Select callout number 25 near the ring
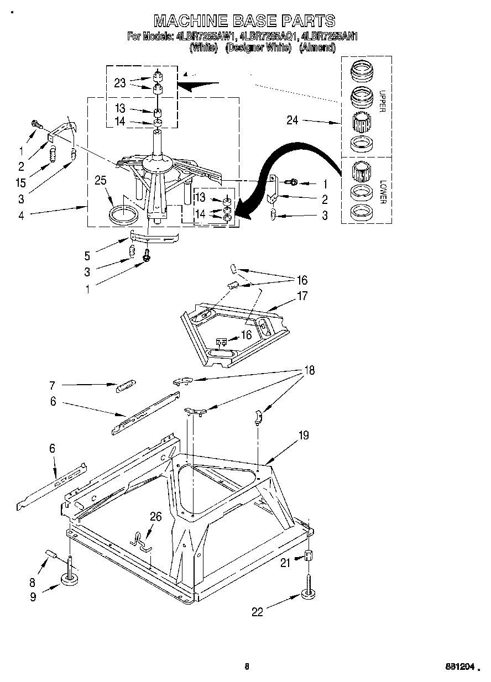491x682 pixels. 100,180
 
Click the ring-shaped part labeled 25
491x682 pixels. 124,214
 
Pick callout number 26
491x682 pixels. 156,517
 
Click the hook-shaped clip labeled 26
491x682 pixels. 141,541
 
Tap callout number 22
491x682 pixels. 258,611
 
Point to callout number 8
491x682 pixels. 32,582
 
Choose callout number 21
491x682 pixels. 285,563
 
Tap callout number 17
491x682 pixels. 302,296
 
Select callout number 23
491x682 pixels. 120,83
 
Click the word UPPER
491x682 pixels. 381,101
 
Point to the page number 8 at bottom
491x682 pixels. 247,667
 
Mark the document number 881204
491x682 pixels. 461,667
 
